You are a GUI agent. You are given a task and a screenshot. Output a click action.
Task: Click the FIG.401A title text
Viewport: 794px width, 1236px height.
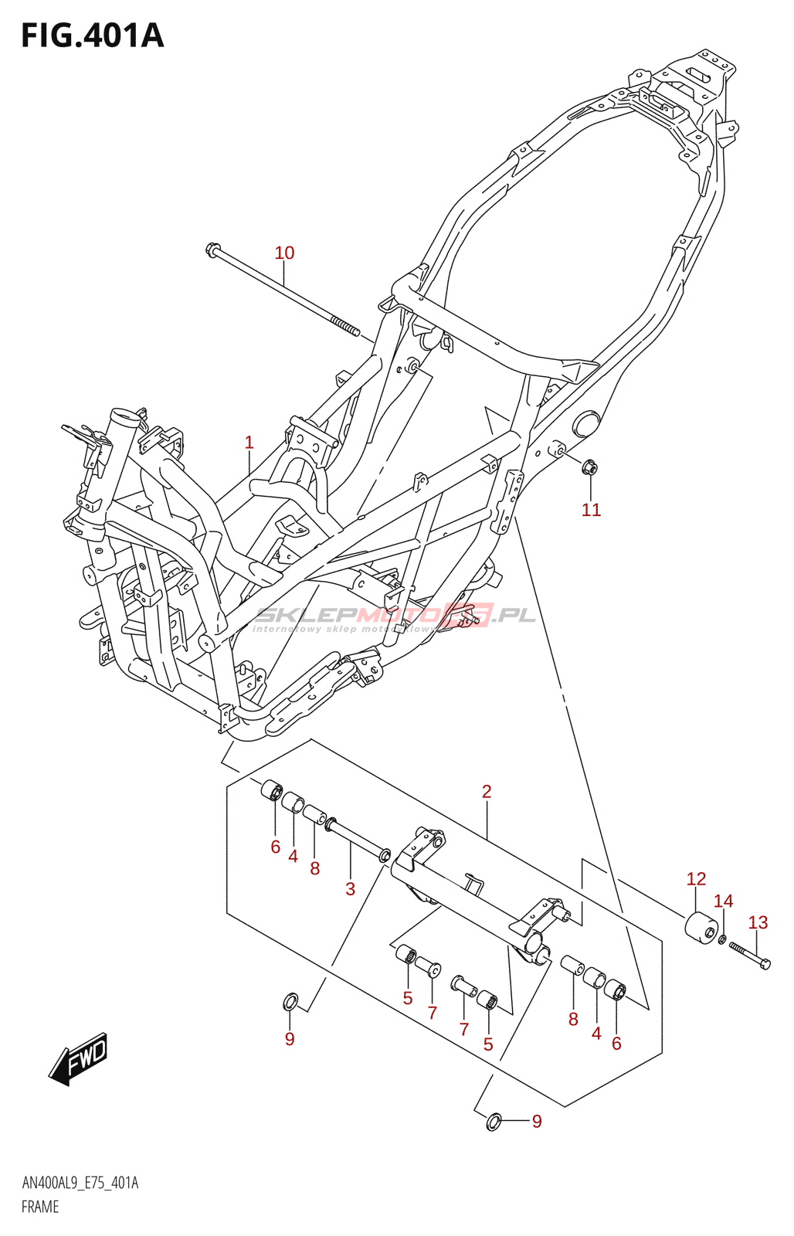[x=93, y=36]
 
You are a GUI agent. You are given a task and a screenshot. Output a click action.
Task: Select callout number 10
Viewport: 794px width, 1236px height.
[x=284, y=253]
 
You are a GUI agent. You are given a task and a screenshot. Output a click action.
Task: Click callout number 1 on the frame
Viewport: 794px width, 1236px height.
[x=249, y=443]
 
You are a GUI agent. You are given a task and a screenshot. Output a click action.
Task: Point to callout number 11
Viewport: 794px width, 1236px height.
[x=591, y=510]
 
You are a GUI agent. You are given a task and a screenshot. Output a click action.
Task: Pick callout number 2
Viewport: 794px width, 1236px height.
[x=487, y=792]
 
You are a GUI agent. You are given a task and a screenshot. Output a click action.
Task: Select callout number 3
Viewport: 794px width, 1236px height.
[x=350, y=889]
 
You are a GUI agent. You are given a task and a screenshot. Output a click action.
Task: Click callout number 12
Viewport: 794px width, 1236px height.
[x=696, y=879]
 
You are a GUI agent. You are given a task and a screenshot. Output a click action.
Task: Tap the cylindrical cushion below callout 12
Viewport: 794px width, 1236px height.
[x=700, y=928]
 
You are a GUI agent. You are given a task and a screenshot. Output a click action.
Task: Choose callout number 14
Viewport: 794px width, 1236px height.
[x=723, y=901]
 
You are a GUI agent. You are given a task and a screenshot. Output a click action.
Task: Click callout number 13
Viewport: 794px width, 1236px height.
[x=758, y=922]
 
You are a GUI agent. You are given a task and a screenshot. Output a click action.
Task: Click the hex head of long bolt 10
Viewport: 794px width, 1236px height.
[x=212, y=250]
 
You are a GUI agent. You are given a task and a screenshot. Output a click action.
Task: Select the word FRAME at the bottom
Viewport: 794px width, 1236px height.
[x=40, y=1207]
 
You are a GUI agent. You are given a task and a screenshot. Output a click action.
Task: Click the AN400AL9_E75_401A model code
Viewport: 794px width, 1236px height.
[x=80, y=1183]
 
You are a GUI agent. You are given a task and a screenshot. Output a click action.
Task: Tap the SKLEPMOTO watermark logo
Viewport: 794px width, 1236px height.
[x=394, y=616]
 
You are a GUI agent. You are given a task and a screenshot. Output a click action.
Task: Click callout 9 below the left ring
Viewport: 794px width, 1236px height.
[x=290, y=1039]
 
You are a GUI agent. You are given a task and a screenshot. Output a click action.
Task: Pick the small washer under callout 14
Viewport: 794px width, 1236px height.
[x=722, y=939]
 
